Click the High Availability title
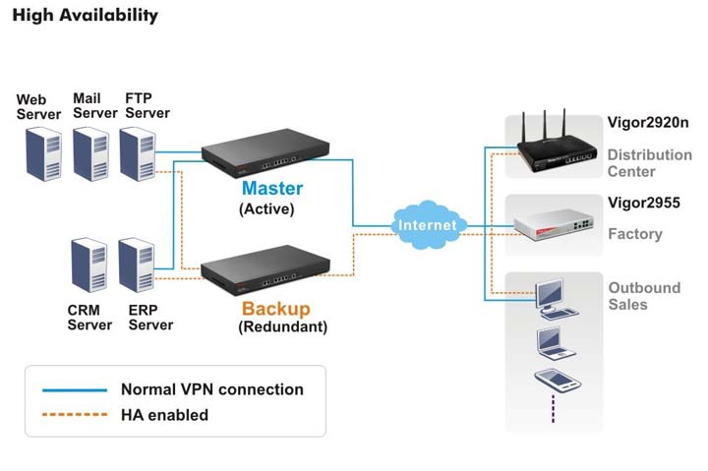tap(85, 16)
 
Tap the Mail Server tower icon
tap(91, 153)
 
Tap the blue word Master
tap(272, 188)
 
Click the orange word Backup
tap(275, 309)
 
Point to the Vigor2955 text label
tap(643, 204)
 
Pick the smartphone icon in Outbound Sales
tap(550, 381)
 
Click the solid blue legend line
tap(75, 389)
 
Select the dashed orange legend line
tap(75, 415)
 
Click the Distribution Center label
tap(649, 163)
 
